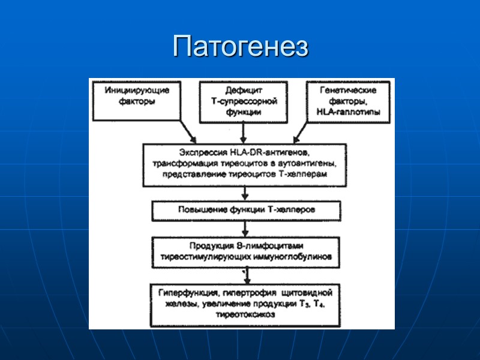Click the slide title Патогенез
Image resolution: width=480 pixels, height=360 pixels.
(240, 47)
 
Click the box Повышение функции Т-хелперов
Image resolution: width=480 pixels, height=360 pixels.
(246, 211)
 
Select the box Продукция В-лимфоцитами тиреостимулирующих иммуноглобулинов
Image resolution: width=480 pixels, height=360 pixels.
(244, 252)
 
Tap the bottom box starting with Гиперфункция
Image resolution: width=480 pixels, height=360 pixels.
(245, 305)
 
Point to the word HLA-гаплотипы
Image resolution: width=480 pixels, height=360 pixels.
(351, 112)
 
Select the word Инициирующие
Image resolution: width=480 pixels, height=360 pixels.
(137, 91)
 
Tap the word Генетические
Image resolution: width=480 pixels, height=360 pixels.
(350, 91)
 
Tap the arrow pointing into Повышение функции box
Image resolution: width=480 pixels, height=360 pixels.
(242, 193)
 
